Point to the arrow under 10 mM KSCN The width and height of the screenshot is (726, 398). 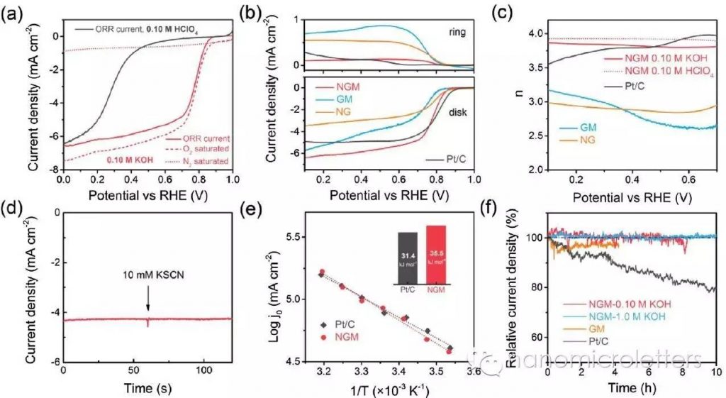point(148,304)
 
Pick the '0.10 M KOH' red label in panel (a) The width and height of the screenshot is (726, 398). point(129,160)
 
